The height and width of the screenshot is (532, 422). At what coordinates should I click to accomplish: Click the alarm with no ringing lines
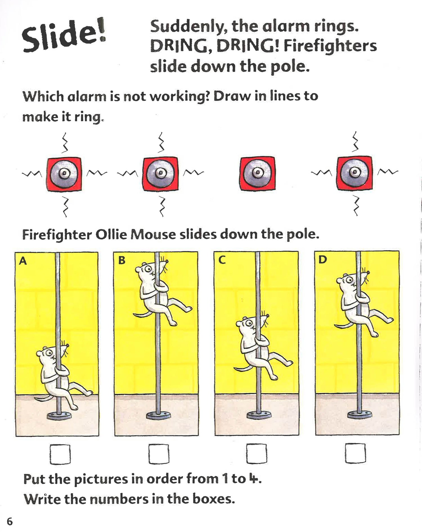[x=257, y=173]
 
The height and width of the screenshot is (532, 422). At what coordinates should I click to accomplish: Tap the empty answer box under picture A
[x=60, y=454]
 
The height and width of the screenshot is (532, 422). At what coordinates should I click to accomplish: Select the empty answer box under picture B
[x=159, y=454]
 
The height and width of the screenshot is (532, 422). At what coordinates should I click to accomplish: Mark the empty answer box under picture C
[x=256, y=454]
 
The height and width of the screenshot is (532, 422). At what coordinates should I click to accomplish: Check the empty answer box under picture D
[x=355, y=453]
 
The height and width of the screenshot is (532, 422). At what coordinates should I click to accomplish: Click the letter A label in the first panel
[x=23, y=261]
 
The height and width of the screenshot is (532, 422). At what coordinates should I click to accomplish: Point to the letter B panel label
[x=122, y=260]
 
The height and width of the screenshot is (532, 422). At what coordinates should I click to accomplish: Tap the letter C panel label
[x=222, y=260]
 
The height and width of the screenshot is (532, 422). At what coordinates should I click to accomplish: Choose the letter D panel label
[x=322, y=259]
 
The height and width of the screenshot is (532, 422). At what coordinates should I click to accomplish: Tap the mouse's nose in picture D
[x=368, y=272]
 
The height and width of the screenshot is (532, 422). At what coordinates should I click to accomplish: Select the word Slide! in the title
[x=64, y=36]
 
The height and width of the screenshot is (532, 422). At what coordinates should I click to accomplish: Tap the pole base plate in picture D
[x=360, y=414]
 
